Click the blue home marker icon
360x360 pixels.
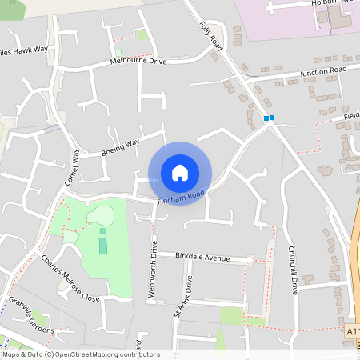click(180, 173)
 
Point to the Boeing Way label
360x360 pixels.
click(120, 147)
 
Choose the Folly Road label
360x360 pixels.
click(210, 37)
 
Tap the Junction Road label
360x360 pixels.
click(323, 71)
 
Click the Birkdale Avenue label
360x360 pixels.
click(203, 258)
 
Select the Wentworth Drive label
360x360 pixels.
click(152, 269)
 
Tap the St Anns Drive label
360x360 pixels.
click(183, 297)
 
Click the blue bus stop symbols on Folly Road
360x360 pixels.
click(269, 118)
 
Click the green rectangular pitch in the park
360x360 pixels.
click(102, 241)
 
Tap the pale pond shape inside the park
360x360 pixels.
click(102, 215)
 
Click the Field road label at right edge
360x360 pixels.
click(351, 115)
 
